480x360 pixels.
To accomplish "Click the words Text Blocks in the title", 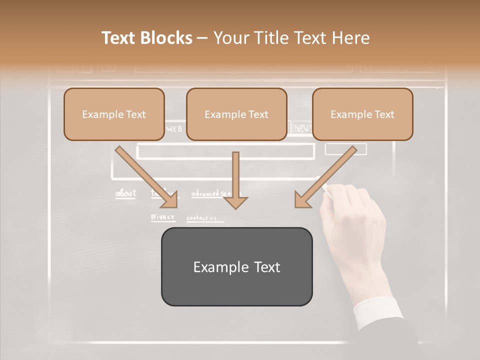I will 147,38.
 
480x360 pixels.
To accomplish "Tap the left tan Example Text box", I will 114,114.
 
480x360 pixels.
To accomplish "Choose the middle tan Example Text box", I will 236,114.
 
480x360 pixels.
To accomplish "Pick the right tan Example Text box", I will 362,114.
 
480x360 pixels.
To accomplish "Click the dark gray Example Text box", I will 236,266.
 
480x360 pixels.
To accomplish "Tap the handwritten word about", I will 125,193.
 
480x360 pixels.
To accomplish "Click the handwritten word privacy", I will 163,217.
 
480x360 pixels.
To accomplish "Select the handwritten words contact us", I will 201,218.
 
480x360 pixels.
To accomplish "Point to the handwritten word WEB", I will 174,129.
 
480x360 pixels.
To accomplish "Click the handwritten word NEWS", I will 303,128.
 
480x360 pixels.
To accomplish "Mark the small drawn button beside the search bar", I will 345,149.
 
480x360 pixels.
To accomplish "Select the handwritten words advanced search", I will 212,193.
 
